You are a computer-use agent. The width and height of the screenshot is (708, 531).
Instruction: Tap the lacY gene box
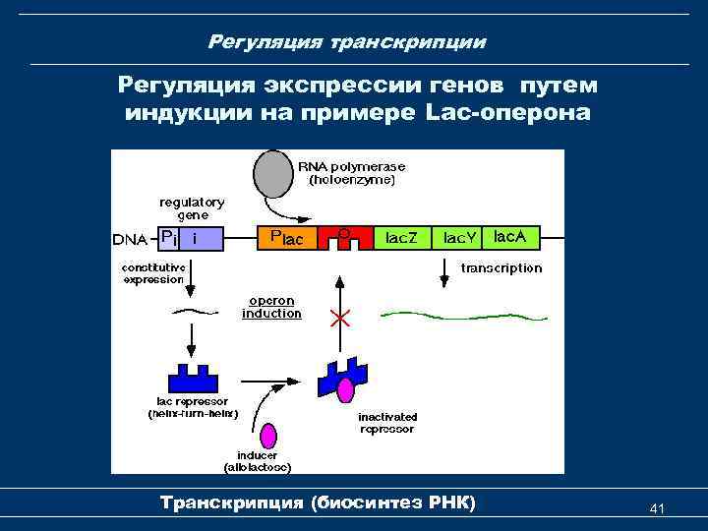click(x=459, y=238)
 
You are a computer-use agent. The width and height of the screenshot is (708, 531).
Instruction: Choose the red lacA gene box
click(x=515, y=237)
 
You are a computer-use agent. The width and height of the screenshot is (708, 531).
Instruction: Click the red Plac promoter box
click(x=285, y=238)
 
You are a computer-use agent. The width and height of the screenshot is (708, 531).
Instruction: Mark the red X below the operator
click(x=340, y=318)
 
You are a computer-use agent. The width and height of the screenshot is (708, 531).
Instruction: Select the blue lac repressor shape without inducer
click(x=193, y=379)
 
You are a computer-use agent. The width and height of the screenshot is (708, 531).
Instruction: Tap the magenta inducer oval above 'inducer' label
click(x=270, y=436)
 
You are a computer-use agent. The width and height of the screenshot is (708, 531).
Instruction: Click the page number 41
click(x=658, y=508)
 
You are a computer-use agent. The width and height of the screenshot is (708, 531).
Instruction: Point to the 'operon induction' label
click(x=271, y=307)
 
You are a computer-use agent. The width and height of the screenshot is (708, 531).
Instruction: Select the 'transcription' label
click(x=501, y=267)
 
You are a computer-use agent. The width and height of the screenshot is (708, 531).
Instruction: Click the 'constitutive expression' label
click(x=152, y=272)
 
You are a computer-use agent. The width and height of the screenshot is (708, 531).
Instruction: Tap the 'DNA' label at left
click(x=130, y=239)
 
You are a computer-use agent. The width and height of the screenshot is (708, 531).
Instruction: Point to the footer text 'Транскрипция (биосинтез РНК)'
click(x=317, y=503)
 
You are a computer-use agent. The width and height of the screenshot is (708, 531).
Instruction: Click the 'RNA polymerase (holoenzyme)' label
click(x=352, y=173)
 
